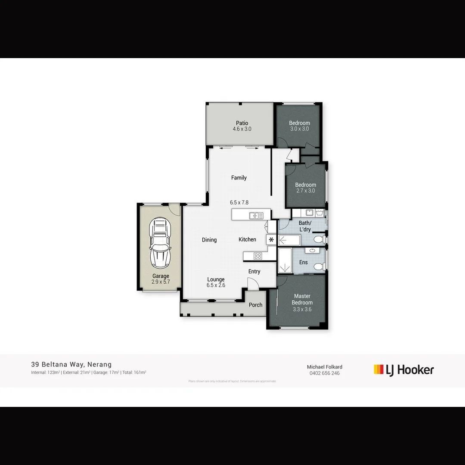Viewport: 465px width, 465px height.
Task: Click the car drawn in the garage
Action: click(159, 244)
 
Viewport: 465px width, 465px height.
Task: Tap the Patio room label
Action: click(242, 123)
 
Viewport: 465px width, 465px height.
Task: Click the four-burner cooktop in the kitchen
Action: click(257, 256)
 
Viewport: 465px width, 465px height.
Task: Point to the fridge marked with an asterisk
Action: click(271, 240)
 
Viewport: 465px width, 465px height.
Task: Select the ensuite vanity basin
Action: click(312, 250)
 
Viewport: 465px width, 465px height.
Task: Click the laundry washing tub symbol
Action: click(319, 212)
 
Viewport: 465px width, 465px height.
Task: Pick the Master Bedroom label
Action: click(302, 299)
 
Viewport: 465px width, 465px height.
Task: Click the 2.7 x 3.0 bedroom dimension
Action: click(305, 191)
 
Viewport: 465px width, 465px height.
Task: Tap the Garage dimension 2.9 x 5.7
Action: click(161, 282)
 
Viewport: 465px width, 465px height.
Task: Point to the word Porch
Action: click(255, 305)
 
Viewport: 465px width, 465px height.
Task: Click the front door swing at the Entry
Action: click(253, 284)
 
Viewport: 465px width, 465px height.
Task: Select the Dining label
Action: click(209, 240)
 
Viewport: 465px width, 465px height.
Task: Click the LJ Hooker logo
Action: click(404, 370)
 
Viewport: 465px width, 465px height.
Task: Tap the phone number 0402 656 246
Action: click(324, 373)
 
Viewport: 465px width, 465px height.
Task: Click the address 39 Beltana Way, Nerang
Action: click(71, 365)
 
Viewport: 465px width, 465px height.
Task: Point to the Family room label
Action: click(239, 178)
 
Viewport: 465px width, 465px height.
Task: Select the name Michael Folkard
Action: click(324, 367)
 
